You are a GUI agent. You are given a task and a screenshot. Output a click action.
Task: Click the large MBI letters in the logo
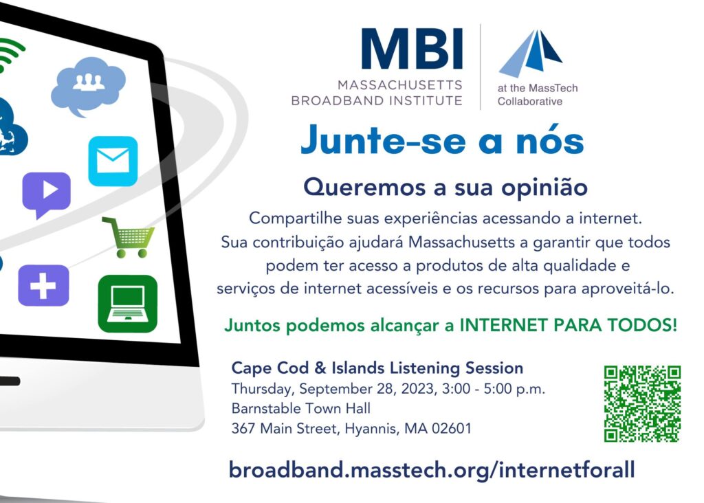click(412, 49)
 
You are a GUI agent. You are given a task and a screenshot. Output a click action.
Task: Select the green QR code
click(642, 404)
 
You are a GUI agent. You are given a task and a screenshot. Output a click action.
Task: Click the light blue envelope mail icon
click(113, 161)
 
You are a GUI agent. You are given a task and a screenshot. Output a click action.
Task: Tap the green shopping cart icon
click(129, 237)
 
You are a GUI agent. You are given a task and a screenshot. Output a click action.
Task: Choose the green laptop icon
click(127, 304)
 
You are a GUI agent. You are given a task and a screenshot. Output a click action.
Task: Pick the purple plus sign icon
click(43, 286)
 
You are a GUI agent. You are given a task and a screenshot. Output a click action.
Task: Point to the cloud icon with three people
click(88, 86)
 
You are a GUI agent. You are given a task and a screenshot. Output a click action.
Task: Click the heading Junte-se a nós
click(442, 140)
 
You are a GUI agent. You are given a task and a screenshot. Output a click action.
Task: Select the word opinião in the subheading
click(544, 188)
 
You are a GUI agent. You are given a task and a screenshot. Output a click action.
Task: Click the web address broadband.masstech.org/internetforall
click(432, 470)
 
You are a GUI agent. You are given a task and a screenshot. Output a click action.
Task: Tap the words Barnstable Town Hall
click(301, 408)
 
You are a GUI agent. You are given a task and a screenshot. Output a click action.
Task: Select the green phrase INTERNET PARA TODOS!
click(568, 325)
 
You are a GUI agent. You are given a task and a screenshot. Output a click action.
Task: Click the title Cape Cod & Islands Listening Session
click(377, 368)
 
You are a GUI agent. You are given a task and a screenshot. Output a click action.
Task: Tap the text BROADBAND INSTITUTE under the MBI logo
click(377, 100)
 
